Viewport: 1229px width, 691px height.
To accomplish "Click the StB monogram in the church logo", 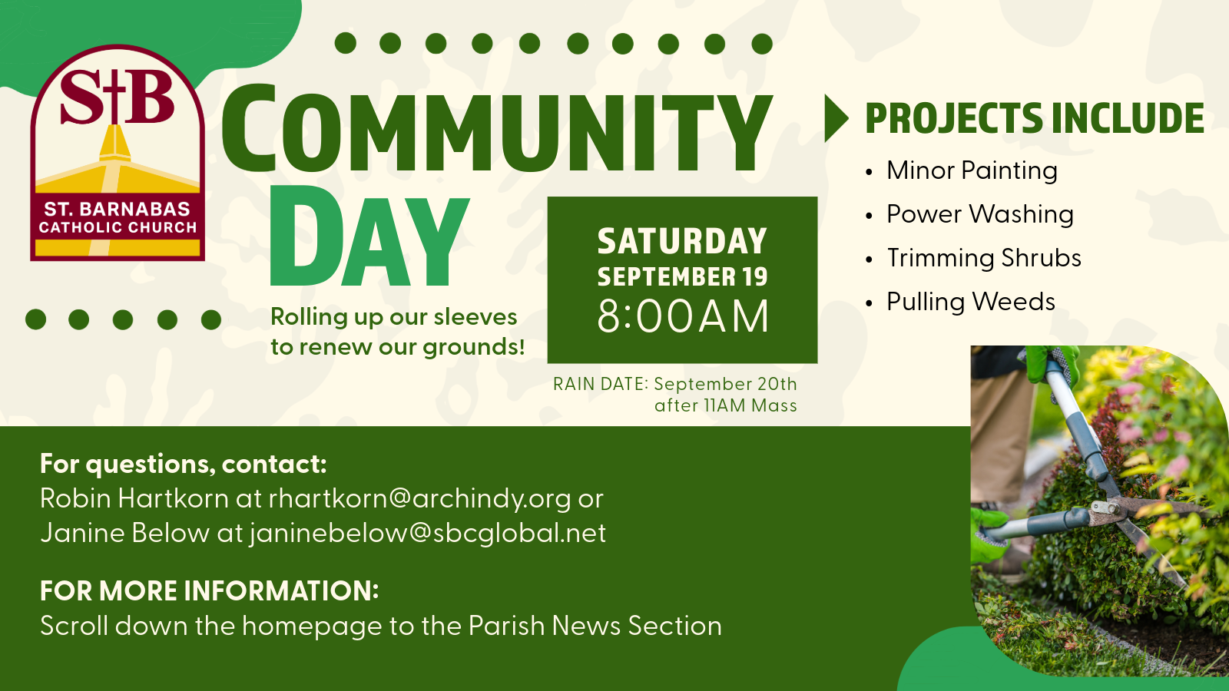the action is click(x=117, y=97).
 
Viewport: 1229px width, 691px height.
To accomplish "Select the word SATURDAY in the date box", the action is click(x=682, y=241).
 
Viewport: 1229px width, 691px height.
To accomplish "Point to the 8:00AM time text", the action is click(x=683, y=317).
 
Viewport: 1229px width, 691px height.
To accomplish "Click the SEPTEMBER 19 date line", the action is click(x=682, y=277).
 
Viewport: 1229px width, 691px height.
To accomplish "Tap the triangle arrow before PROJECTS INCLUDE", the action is click(x=836, y=118).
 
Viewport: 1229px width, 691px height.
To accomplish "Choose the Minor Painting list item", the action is click(x=972, y=170).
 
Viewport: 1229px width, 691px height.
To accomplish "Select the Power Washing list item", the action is click(x=980, y=214).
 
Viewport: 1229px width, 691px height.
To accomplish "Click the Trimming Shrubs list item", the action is click(x=984, y=258).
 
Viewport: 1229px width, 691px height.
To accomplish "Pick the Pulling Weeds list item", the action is click(x=971, y=302).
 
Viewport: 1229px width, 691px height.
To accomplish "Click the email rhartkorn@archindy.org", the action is click(x=419, y=499).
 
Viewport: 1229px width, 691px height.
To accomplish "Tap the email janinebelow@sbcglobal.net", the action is click(x=427, y=533).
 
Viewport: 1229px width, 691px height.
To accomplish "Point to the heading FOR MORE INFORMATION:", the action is click(x=209, y=591).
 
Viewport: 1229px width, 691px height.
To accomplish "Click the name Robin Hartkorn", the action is click(x=134, y=498).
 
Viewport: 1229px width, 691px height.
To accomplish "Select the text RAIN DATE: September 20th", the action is click(x=675, y=384).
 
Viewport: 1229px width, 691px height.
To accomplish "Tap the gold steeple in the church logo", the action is click(x=114, y=143).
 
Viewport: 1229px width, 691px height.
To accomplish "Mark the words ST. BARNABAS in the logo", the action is click(x=117, y=209).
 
